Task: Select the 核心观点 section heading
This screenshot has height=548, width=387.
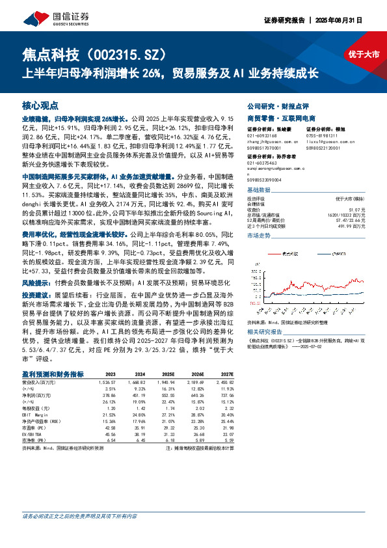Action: pyautogui.click(x=40, y=104)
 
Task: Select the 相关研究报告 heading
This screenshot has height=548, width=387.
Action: pyautogui.click(x=265, y=331)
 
